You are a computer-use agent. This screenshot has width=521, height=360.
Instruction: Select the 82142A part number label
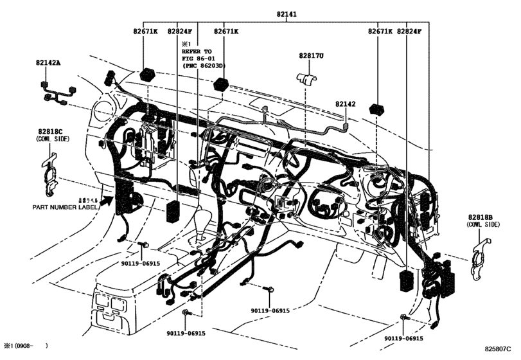[x=48, y=62]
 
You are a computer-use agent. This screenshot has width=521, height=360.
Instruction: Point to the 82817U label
[x=312, y=56]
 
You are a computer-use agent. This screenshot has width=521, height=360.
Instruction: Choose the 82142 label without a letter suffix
[x=344, y=103]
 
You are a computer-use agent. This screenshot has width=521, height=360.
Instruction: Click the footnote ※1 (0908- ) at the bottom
[x=26, y=346]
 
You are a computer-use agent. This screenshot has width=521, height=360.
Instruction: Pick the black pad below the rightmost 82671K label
[x=378, y=107]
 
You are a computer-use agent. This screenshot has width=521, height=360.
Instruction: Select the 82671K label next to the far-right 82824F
[x=381, y=31]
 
